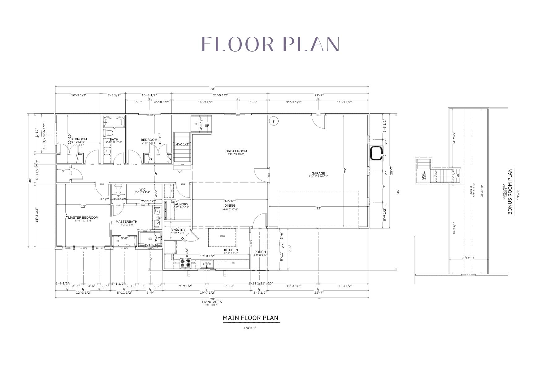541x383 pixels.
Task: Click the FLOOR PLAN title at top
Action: click(271, 44)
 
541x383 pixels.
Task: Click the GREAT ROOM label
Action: click(236, 151)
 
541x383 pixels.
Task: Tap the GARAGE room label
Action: click(318, 174)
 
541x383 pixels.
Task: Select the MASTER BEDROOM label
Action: click(83, 218)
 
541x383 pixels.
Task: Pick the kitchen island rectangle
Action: click(222, 237)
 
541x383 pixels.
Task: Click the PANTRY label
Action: click(179, 230)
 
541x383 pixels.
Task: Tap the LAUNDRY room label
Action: click(181, 204)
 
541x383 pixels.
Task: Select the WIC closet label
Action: click(142, 190)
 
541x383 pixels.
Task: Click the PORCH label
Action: click(260, 252)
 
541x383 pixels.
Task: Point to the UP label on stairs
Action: click(207, 126)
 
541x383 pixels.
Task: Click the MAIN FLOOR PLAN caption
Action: click(250, 318)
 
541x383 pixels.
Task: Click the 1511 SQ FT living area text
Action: click(212, 305)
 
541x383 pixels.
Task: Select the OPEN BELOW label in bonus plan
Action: click(424, 176)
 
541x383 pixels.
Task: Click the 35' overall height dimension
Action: click(398, 192)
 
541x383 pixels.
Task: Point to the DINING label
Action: click(230, 206)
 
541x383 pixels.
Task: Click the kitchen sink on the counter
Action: click(206, 263)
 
